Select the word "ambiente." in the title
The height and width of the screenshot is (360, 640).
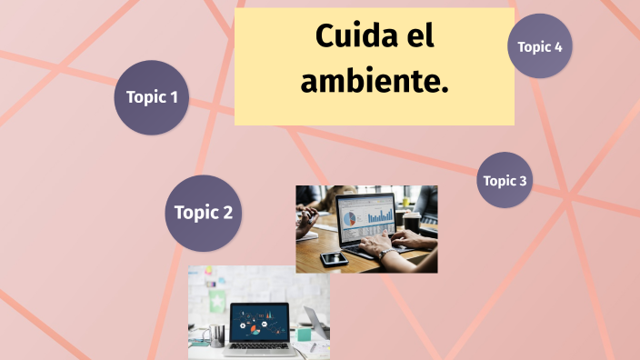[375, 81]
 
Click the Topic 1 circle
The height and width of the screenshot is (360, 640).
[152, 97]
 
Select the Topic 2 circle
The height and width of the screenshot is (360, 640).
[204, 214]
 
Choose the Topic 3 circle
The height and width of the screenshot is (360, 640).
[505, 180]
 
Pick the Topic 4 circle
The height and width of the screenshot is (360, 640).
[540, 46]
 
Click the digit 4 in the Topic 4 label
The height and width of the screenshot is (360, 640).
[557, 46]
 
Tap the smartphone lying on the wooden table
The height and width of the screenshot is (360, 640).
[334, 258]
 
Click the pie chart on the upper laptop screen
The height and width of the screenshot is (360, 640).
[349, 217]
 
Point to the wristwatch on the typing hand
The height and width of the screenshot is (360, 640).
[385, 255]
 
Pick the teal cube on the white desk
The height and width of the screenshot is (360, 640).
[304, 334]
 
